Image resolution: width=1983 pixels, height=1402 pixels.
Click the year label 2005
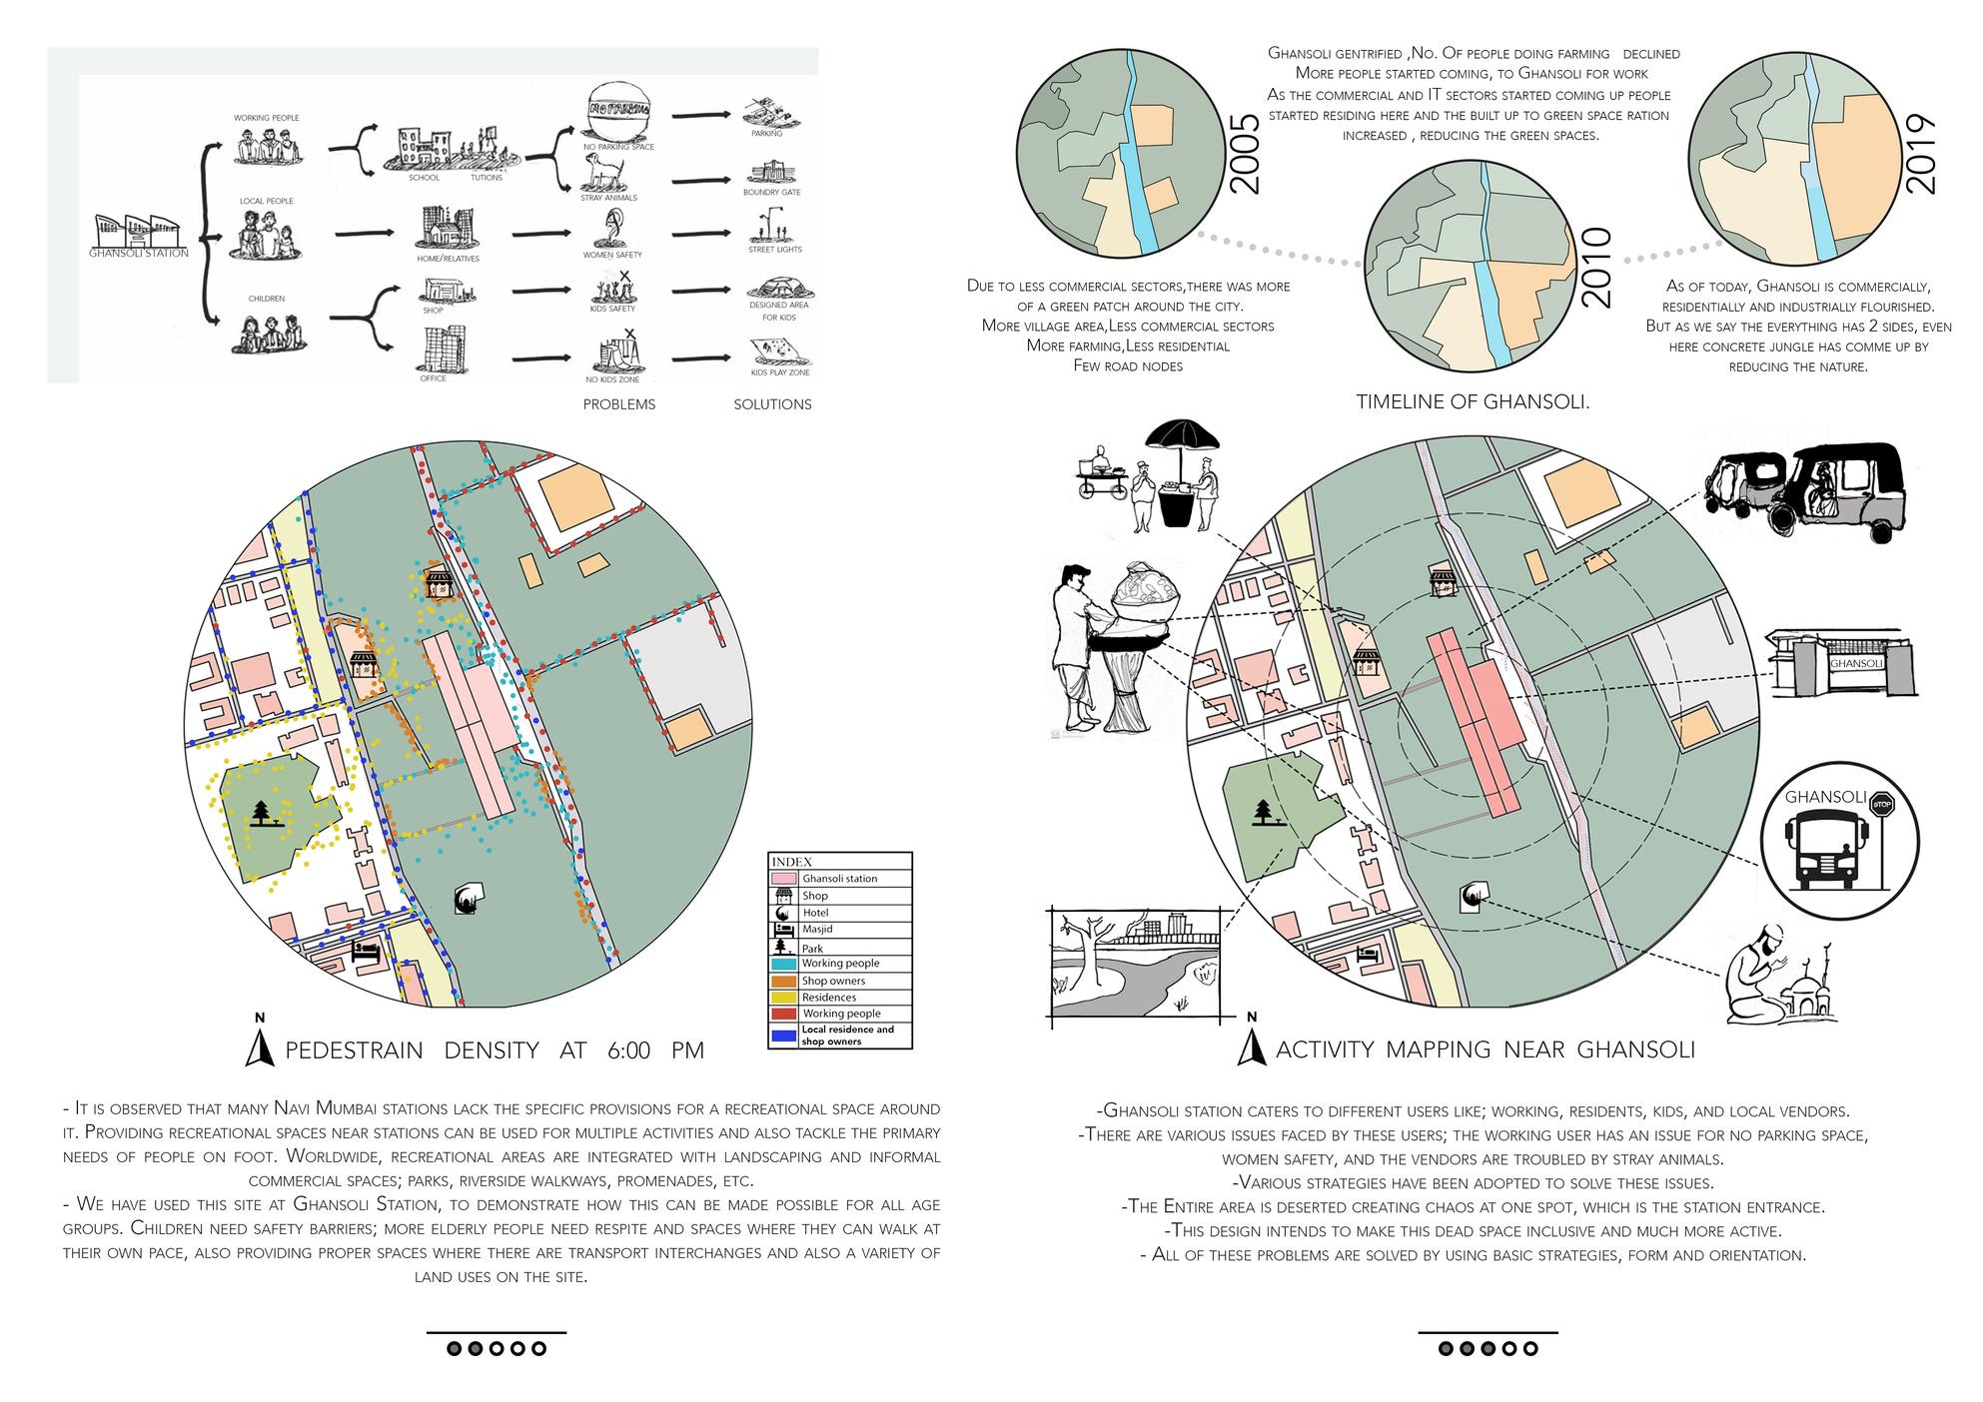coord(1245,154)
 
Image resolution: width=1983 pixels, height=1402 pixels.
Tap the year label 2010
coord(1595,268)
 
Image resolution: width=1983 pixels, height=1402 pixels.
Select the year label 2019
coord(1921,155)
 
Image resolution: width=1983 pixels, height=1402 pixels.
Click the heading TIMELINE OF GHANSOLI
coord(1473,402)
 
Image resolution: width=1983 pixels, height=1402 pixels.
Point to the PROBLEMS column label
coord(619,404)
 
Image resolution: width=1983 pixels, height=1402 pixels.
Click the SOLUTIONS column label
coord(772,404)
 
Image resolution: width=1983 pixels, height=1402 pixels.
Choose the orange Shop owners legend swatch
coord(783,981)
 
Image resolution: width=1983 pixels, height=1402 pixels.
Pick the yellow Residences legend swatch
coord(783,998)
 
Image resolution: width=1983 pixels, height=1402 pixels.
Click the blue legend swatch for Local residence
coord(783,1036)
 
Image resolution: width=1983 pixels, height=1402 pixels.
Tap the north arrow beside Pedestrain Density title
coord(260,1045)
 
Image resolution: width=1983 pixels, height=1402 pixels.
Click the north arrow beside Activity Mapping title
coord(1250,1045)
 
